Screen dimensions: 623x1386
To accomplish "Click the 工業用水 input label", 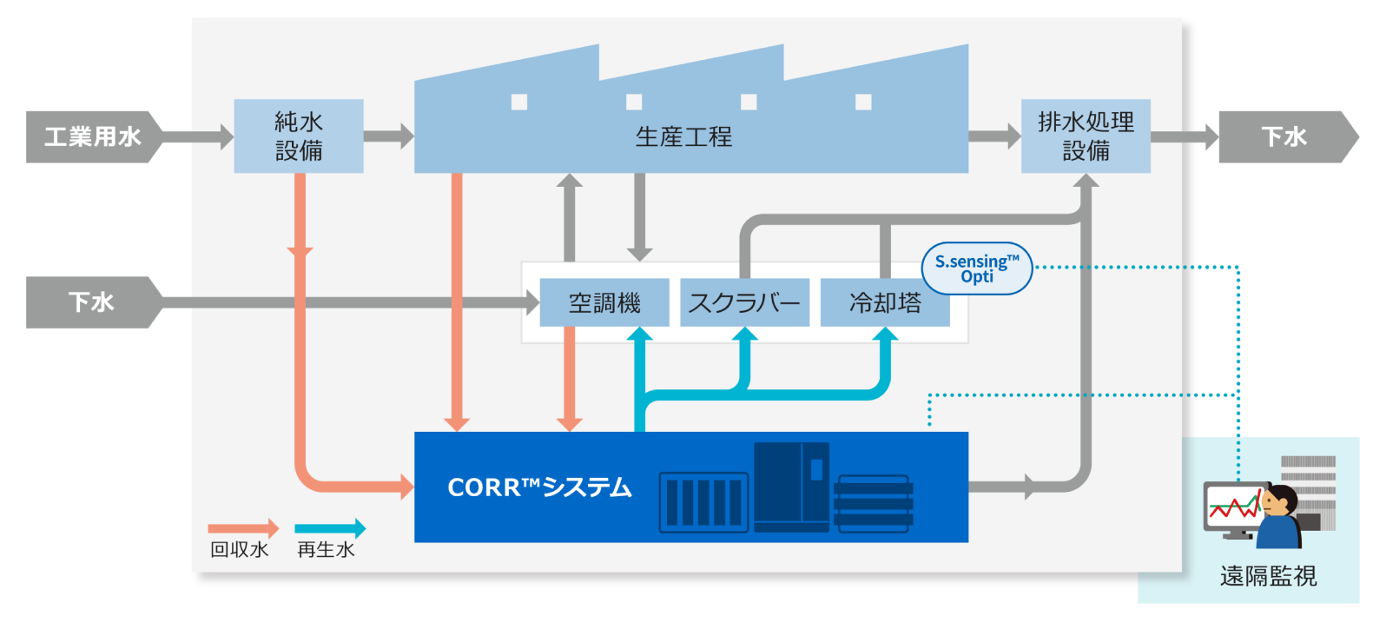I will [92, 136].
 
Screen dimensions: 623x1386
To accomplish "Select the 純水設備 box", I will [299, 136].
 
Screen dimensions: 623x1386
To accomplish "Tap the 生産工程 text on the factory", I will [683, 137].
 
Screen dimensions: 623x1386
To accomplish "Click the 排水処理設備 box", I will [1086, 136].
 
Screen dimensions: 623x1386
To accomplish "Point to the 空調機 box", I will [604, 302].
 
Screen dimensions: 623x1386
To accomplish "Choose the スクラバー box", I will [744, 302].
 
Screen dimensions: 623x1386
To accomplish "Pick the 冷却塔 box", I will [885, 302].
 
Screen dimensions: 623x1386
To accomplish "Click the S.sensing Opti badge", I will [977, 268].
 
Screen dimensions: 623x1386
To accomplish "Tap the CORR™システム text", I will [539, 487].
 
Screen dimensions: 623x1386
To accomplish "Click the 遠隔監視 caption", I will [1268, 576].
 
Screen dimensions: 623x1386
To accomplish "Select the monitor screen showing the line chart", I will [1234, 507].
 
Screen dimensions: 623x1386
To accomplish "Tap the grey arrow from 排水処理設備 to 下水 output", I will [1185, 136].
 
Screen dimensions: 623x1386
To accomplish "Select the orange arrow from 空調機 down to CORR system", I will [570, 379].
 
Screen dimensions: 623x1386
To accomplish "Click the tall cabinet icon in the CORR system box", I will [791, 487].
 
